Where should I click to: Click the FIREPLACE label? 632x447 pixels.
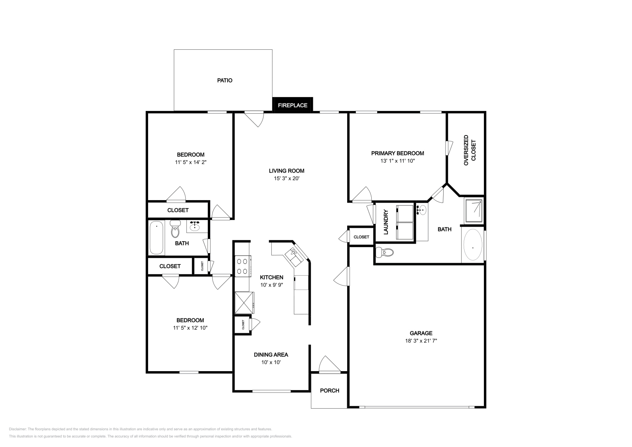click(292, 105)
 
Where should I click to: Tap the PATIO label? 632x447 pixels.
click(225, 81)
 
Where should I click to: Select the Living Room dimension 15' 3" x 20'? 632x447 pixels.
click(286, 178)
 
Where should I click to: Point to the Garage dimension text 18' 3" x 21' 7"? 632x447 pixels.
click(421, 341)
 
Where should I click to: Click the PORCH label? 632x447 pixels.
click(329, 391)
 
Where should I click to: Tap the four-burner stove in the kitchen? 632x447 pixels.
click(243, 266)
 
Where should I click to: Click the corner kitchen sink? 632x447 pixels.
click(294, 257)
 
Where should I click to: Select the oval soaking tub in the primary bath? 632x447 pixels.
click(473, 244)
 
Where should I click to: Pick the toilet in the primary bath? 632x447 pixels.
click(385, 252)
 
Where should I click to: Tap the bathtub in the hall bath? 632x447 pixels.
click(156, 237)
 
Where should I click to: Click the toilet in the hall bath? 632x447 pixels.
click(175, 229)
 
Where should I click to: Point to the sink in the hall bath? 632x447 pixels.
click(195, 226)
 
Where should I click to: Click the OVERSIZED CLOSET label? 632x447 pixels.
click(470, 150)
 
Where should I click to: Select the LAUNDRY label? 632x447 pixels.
click(386, 222)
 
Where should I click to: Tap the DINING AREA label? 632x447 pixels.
click(271, 355)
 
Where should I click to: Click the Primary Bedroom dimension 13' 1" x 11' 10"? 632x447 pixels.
click(397, 161)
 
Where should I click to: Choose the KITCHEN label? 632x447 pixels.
click(271, 277)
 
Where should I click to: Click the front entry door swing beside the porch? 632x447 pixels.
click(329, 364)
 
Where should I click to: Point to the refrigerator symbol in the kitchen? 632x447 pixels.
click(245, 303)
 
